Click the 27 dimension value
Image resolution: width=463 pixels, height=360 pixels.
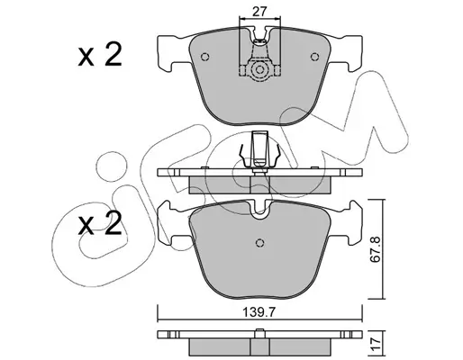pyautogui.click(x=259, y=12)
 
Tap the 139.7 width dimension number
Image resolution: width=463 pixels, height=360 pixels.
pyautogui.click(x=259, y=313)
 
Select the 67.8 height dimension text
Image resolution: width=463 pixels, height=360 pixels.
pyautogui.click(x=376, y=249)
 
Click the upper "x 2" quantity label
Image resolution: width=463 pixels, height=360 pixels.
pyautogui.click(x=100, y=54)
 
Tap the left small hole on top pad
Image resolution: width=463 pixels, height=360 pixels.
pyautogui.click(x=204, y=57)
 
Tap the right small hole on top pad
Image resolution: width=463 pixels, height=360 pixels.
pyautogui.click(x=314, y=57)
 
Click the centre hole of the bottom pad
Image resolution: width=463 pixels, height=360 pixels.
pyautogui.click(x=260, y=242)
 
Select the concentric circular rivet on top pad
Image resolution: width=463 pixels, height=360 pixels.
pyautogui.click(x=259, y=69)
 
